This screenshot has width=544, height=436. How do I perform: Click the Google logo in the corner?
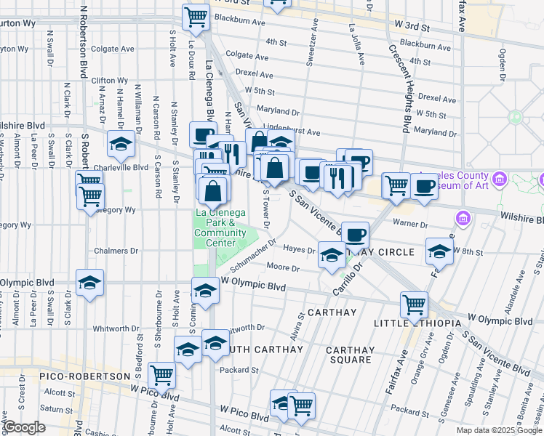24,427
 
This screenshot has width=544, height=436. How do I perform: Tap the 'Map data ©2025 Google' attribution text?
499,430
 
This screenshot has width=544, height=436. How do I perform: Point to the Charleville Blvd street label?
121,166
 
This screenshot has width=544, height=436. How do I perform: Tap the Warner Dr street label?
407,223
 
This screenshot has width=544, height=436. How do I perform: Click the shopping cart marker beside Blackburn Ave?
196,17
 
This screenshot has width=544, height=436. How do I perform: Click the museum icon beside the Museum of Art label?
499,179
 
